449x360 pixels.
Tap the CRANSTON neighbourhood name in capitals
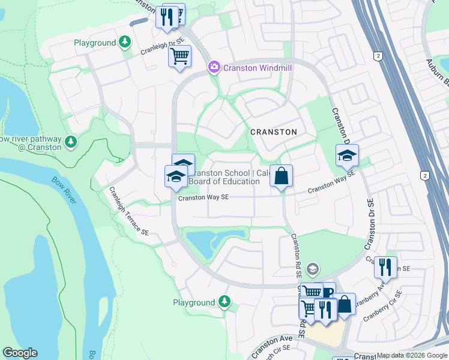pyautogui.click(x=273, y=132)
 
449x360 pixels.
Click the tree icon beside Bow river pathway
pyautogui.click(x=71, y=142)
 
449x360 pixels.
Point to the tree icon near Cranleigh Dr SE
pyautogui.click(x=124, y=42)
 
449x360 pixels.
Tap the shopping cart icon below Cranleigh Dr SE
pyautogui.click(x=179, y=56)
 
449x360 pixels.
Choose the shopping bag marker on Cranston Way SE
pyautogui.click(x=281, y=176)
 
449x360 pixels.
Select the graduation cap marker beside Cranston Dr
pyautogui.click(x=347, y=155)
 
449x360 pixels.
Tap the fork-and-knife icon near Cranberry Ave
pyautogui.click(x=385, y=266)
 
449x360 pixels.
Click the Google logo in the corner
pyautogui.click(x=20, y=353)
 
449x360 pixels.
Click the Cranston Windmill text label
pyautogui.click(x=257, y=68)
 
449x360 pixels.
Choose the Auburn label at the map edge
pyautogui.click(x=437, y=71)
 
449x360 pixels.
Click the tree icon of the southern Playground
pyautogui.click(x=224, y=301)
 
